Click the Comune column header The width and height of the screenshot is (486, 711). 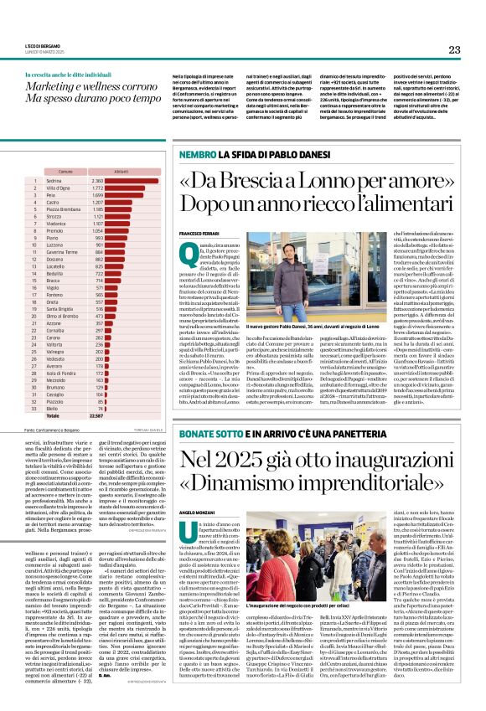[66, 171]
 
